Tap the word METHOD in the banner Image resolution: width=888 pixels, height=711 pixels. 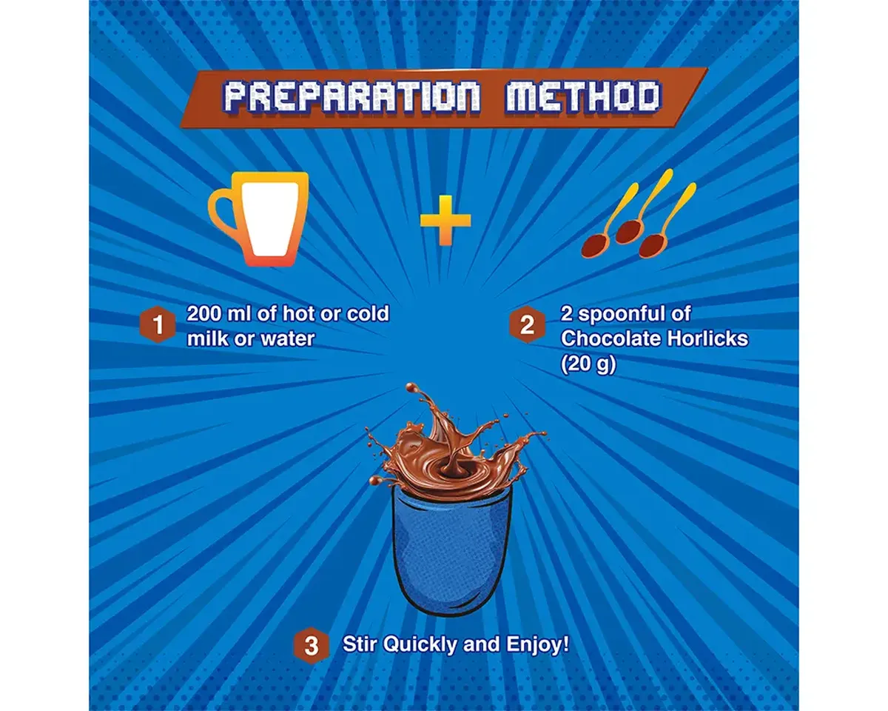pyautogui.click(x=583, y=98)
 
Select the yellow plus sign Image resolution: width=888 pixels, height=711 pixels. pyautogui.click(x=445, y=221)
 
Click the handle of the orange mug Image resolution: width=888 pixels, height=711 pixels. pyautogui.click(x=223, y=216)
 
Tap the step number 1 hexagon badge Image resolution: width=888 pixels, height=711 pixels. pyautogui.click(x=158, y=324)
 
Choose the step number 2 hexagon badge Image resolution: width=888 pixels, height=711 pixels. pyautogui.click(x=527, y=324)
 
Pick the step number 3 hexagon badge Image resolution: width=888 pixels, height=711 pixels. pyautogui.click(x=311, y=646)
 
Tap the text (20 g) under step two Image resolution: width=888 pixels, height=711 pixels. pyautogui.click(x=588, y=364)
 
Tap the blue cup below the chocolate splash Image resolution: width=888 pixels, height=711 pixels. pyautogui.click(x=451, y=553)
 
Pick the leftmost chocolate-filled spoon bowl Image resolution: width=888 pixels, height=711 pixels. pyautogui.click(x=595, y=245)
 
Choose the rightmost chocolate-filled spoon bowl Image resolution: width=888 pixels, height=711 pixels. pyautogui.click(x=653, y=245)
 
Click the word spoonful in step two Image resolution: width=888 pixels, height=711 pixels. pyautogui.click(x=625, y=314)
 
